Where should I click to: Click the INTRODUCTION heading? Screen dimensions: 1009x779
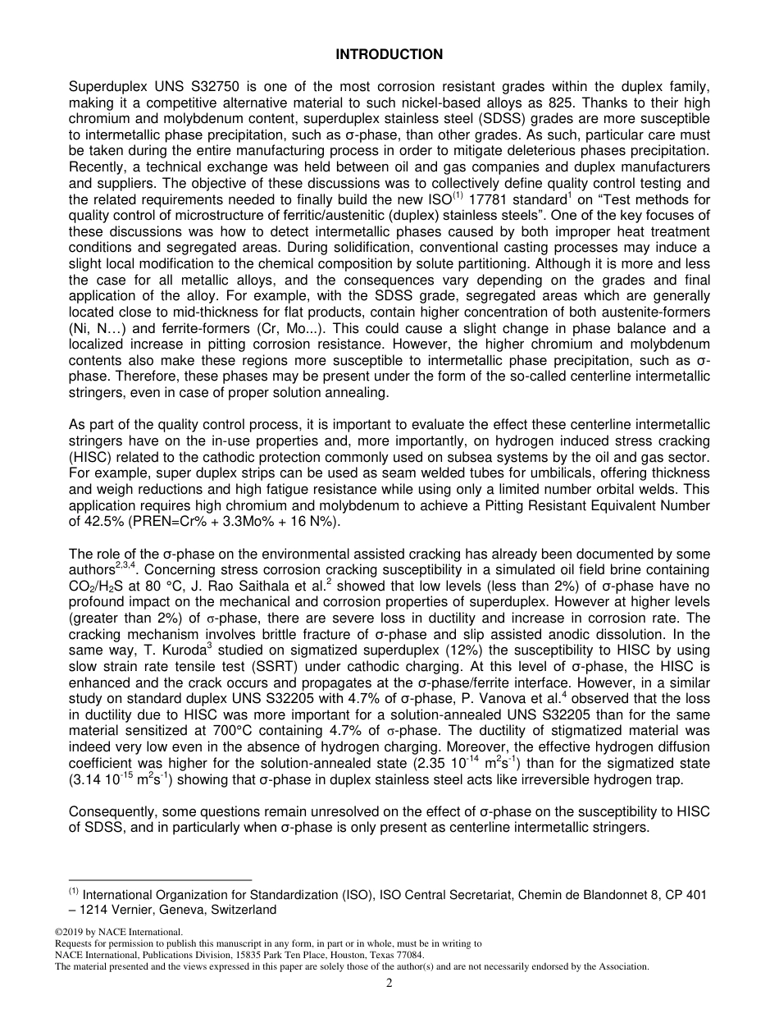[389, 54]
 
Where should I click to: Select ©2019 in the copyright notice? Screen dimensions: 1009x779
[70, 932]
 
